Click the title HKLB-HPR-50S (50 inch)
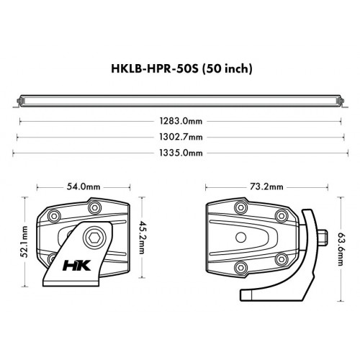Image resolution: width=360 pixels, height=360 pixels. pyautogui.click(x=180, y=69)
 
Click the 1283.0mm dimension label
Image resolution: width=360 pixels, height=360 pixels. pyautogui.click(x=181, y=122)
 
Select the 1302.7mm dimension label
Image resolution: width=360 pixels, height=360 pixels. pyautogui.click(x=181, y=138)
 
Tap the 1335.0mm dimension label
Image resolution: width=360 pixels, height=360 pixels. pyautogui.click(x=181, y=153)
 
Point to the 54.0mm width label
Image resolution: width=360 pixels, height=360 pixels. pyautogui.click(x=84, y=186)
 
